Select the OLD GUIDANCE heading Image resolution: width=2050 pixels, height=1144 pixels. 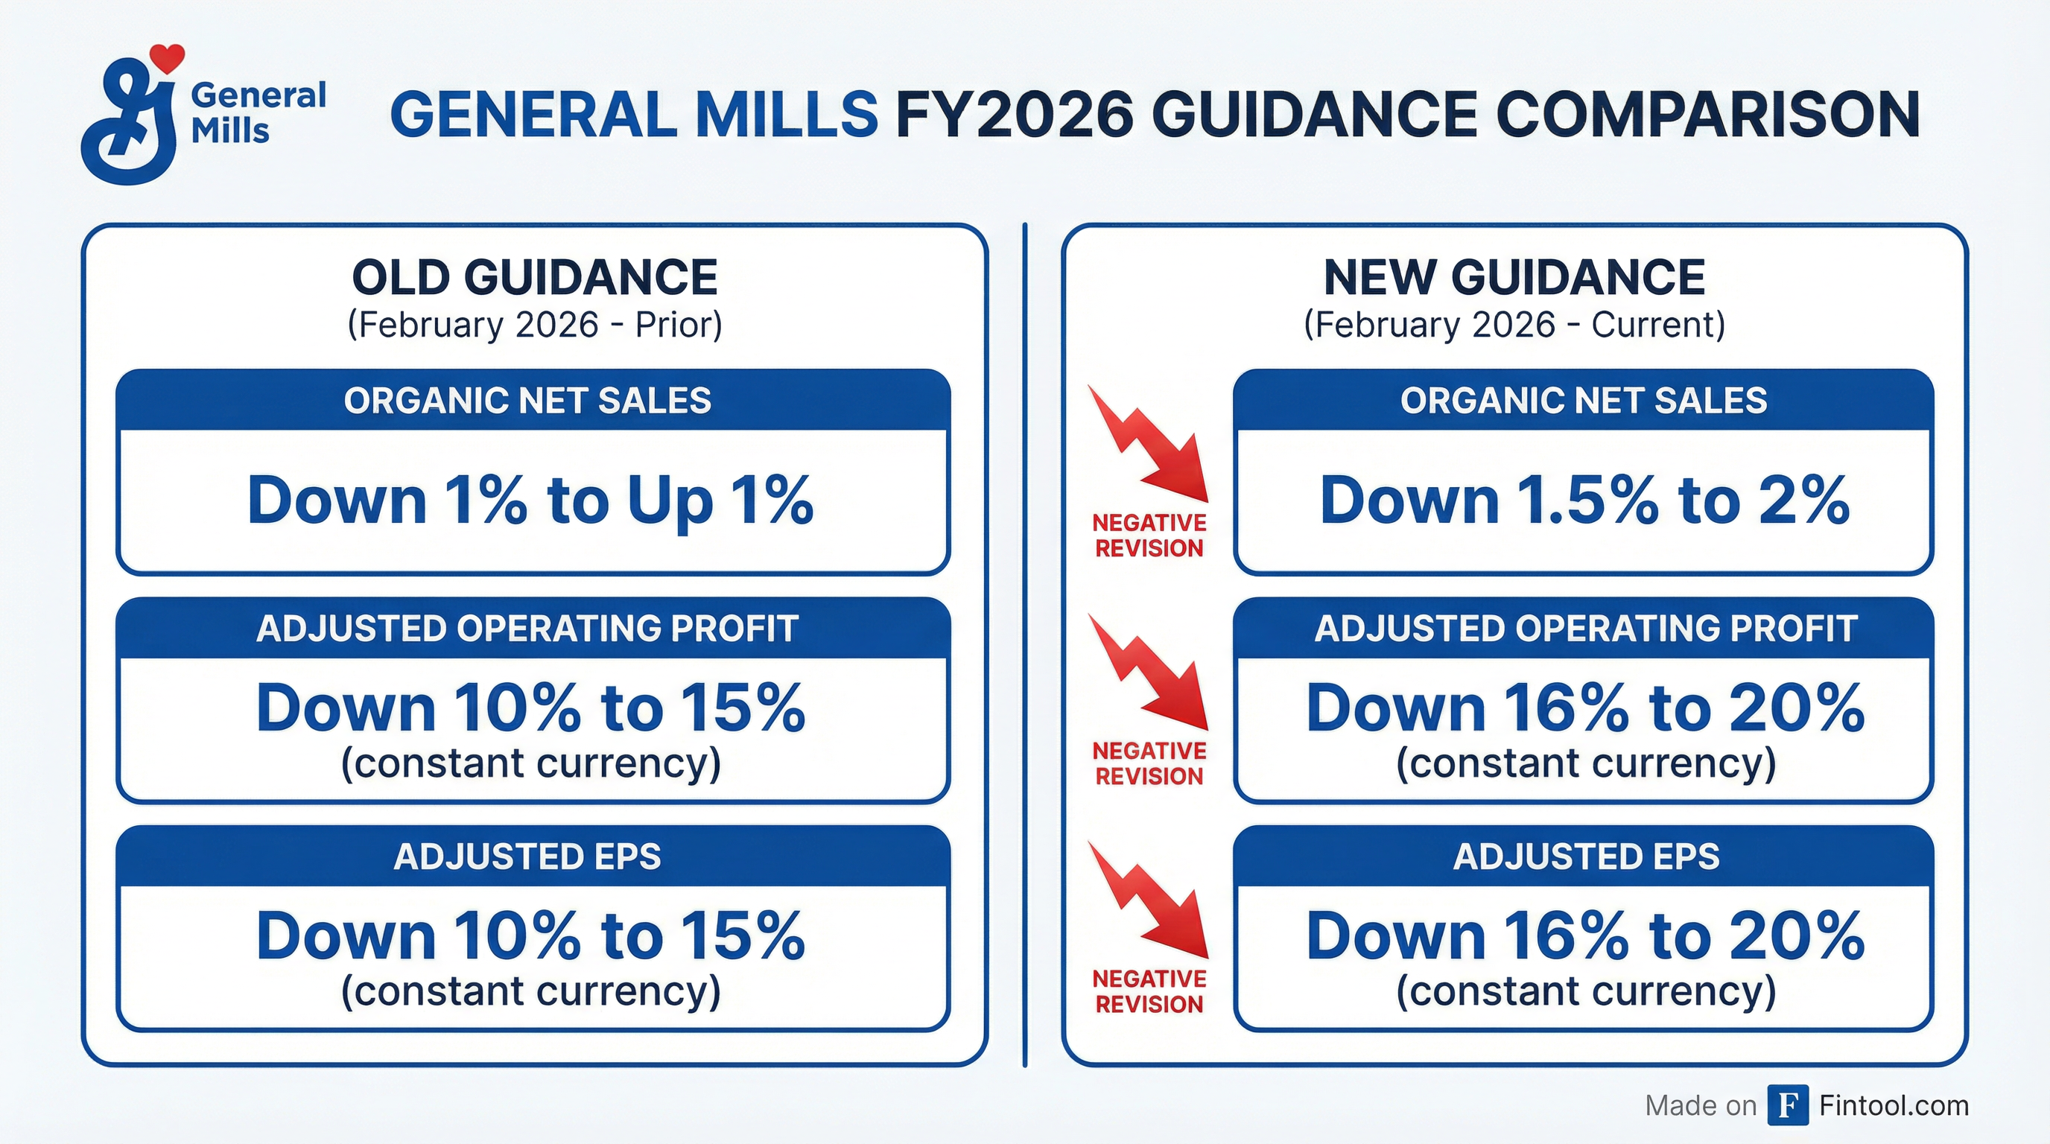(535, 278)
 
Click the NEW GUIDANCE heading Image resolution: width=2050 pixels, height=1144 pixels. (1514, 278)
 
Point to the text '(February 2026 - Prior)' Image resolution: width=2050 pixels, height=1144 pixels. (535, 325)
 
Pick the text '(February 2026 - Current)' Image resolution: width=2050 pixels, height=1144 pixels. (1514, 325)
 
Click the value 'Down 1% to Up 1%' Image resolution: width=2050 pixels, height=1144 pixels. (531, 500)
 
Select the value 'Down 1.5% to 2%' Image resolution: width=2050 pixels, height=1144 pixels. (1584, 500)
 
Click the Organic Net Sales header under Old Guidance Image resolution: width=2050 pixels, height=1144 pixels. (527, 400)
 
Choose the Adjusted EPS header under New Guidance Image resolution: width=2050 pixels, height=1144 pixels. (1586, 857)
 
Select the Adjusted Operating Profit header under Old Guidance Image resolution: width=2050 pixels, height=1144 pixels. (527, 629)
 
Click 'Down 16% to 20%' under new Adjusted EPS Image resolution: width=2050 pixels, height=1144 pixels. (1585, 935)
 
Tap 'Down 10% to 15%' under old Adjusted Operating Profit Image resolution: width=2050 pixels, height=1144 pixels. (531, 708)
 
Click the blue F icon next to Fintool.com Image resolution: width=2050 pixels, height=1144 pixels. (1787, 1106)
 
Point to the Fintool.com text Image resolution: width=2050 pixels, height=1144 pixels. (1894, 1106)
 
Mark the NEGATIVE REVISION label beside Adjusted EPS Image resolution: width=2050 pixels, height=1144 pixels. (1149, 991)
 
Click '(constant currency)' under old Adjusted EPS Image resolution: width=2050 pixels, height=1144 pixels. (531, 992)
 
